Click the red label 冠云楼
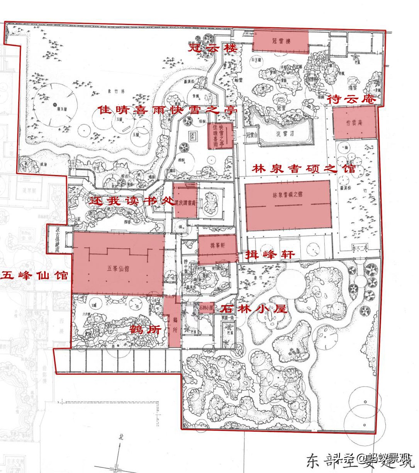point(212,49)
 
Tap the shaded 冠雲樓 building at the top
point(281,41)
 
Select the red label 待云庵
point(351,99)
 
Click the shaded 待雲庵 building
point(354,122)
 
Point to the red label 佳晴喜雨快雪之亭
point(167,110)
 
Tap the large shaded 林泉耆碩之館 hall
point(288,205)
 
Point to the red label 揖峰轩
point(270,255)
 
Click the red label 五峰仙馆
point(35,275)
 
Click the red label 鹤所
point(145,330)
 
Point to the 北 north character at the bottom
point(121,437)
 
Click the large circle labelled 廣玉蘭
point(54,104)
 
